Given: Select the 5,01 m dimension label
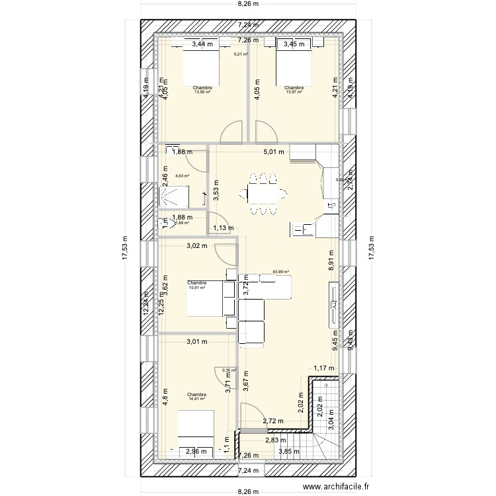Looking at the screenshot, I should point(273,152).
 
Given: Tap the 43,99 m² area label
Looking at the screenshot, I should point(281,271).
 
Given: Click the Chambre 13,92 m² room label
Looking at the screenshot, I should point(202,90).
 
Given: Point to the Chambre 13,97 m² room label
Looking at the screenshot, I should point(294,90).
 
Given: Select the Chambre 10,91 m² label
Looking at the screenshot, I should point(197,286).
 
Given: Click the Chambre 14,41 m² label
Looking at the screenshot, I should point(196,396).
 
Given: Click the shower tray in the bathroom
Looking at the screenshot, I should point(173,196).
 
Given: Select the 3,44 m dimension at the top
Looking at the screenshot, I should point(203,44).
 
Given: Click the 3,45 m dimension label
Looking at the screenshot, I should point(294,44).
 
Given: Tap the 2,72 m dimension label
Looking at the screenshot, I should point(273,421).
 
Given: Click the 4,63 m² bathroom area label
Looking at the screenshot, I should point(183,176).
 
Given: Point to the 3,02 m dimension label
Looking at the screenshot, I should point(197,247).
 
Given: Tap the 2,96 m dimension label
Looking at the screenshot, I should point(196,452).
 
